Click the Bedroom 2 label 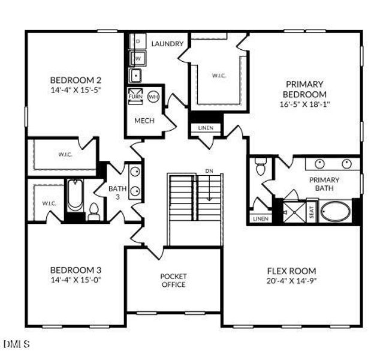coord(75,80)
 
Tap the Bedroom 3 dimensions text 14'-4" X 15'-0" coord(75,279)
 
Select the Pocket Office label coord(173,280)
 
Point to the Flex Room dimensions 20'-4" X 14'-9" coord(291,281)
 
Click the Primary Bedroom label coord(304,89)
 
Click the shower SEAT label coord(311,212)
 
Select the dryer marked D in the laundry coord(137,41)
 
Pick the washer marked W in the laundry coord(137,58)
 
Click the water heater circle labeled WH coord(153,96)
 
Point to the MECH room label coord(144,121)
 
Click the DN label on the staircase coord(209,172)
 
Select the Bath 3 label coord(117,192)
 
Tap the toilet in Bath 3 coord(94,212)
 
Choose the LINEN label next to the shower coord(260,219)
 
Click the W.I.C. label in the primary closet coord(218,76)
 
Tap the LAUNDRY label coord(166,44)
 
